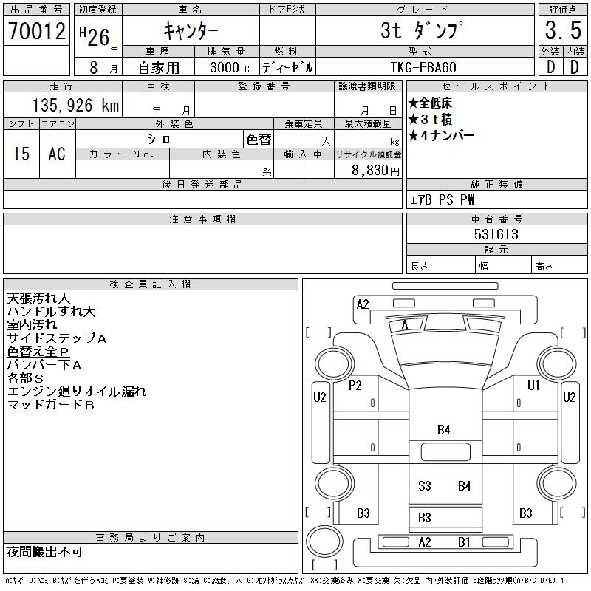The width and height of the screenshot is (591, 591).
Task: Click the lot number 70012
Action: [x=37, y=30]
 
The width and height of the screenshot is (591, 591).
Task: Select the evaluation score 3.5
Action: [x=563, y=30]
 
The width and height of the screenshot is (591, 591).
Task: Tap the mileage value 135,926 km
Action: [x=76, y=106]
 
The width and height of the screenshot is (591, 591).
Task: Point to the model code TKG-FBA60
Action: [x=423, y=67]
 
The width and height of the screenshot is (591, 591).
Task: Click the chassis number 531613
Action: [x=496, y=234]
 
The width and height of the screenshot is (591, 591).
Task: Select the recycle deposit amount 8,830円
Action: [x=375, y=171]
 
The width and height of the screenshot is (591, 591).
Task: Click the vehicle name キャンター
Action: [x=191, y=30]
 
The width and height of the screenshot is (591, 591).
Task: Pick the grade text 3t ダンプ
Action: [x=422, y=30]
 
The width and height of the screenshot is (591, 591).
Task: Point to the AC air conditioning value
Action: [x=57, y=154]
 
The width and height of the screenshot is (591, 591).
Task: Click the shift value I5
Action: [x=21, y=154]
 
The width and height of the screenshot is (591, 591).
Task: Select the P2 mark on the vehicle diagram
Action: [x=355, y=386]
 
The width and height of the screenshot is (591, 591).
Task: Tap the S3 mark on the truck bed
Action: [x=424, y=486]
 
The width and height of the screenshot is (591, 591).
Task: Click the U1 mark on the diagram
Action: [x=533, y=385]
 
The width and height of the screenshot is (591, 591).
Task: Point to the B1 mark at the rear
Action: [x=464, y=542]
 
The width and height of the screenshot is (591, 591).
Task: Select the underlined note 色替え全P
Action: [x=38, y=352]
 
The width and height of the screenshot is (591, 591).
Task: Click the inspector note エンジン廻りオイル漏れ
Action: [x=77, y=392]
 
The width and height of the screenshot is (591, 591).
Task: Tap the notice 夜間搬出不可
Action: [x=45, y=552]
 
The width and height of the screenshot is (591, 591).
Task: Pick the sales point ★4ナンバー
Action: [x=441, y=135]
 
